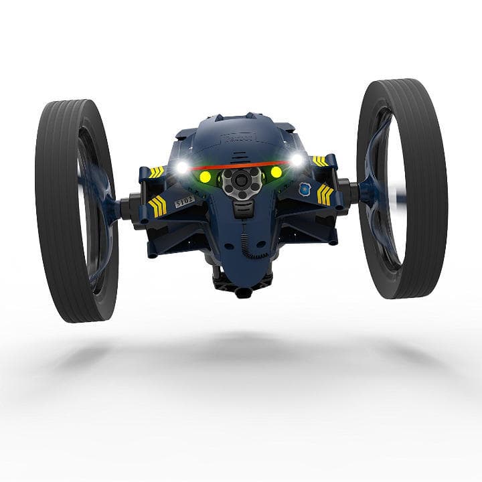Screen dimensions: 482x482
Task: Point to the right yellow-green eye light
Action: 275,172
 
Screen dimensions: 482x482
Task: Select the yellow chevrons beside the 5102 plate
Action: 158,206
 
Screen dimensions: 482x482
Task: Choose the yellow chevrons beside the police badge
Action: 325,194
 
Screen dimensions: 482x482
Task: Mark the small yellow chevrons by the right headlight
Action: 320,161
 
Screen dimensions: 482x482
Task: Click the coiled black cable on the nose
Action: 246,245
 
